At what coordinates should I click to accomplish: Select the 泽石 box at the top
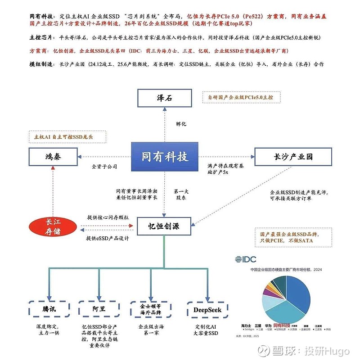164,98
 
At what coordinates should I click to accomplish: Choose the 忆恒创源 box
164,226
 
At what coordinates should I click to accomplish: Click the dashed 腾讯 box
49,309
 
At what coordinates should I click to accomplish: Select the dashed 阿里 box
99,309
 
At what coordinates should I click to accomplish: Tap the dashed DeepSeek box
207,309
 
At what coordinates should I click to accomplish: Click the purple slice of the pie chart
267,291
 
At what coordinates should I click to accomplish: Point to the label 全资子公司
104,167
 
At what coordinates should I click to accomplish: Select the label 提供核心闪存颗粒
108,217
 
